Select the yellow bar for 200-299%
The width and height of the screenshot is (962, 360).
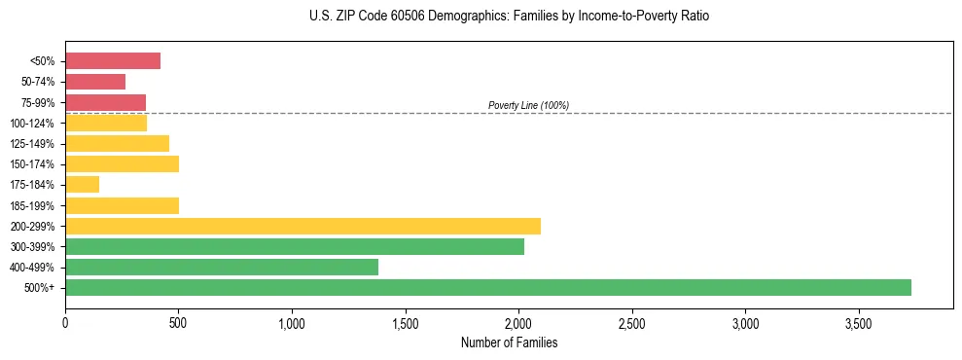tap(303, 226)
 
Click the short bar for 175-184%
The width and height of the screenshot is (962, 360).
tap(83, 184)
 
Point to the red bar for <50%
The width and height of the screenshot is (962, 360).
tap(113, 61)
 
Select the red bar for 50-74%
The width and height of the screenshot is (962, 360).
tap(95, 82)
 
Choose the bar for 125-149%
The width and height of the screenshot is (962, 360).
tap(118, 143)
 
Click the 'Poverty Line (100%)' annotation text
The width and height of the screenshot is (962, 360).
tap(528, 105)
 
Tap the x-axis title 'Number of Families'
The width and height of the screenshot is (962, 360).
tap(509, 342)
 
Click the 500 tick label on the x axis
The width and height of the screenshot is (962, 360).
tap(178, 322)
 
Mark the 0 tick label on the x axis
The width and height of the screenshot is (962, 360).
tap(65, 322)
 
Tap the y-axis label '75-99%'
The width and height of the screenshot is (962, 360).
tap(37, 102)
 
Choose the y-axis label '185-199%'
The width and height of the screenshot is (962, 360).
tap(34, 205)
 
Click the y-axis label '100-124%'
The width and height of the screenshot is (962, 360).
tap(34, 123)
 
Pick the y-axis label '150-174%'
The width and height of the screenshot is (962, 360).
tap(34, 164)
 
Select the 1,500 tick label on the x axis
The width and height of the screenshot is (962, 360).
tap(405, 322)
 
